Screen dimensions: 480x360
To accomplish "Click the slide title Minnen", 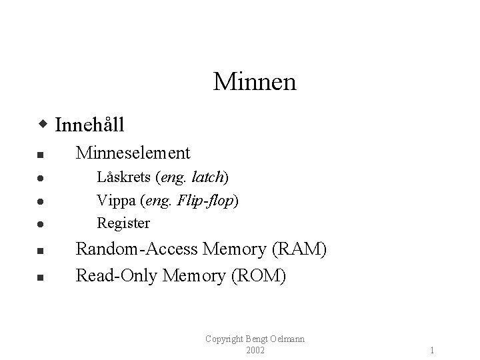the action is point(255,82).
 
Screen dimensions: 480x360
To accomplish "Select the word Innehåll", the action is point(90,125).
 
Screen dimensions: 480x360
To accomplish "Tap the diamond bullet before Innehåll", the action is point(43,125).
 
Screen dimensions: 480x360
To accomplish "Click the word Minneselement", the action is point(133,153).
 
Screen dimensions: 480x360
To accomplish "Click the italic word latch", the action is point(209,178).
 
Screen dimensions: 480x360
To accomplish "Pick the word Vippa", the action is point(115,200).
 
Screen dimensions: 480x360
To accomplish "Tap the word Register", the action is point(123,223).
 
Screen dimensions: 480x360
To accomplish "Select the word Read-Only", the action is point(114,275).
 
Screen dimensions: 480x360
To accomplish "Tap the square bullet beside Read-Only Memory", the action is point(40,276).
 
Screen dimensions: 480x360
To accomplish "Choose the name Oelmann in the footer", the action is point(287,339).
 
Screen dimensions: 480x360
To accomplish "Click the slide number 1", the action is point(433,349).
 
